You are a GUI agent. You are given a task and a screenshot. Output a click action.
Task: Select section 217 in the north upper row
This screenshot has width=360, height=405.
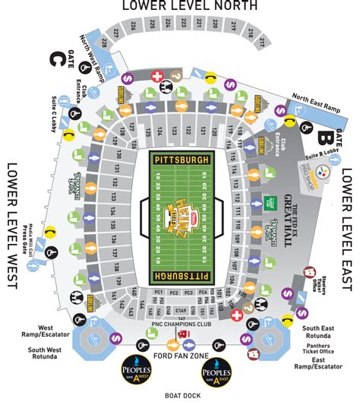pyautogui.click(x=251, y=34)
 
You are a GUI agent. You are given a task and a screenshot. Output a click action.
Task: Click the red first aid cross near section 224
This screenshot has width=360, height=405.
pyautogui.click(x=157, y=76)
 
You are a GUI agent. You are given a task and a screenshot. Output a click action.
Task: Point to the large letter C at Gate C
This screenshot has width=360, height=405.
pyautogui.click(x=56, y=58)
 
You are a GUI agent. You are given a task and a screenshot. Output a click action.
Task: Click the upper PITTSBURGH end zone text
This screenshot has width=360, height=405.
pyautogui.click(x=181, y=160)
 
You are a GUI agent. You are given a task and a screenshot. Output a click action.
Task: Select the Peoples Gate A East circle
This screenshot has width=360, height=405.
pyautogui.click(x=216, y=371)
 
